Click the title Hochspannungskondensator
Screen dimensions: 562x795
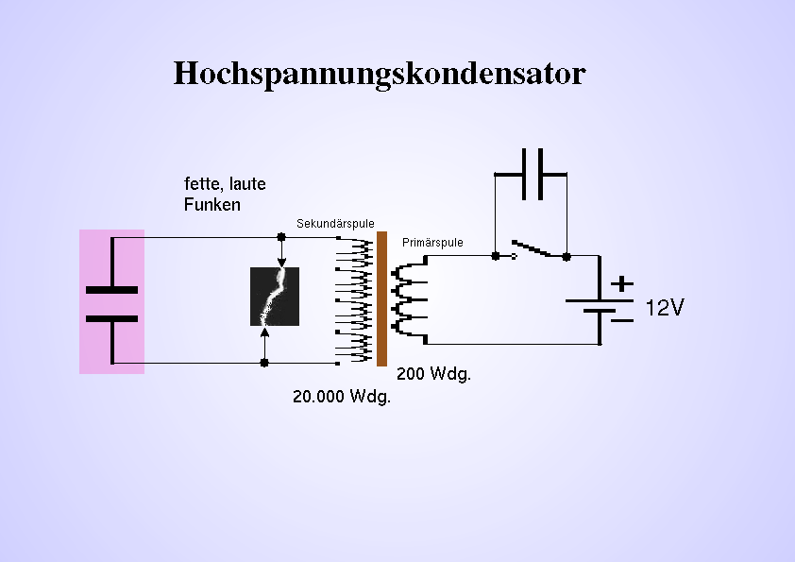point(380,74)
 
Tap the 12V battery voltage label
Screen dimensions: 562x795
point(665,308)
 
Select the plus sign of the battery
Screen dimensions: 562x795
point(622,282)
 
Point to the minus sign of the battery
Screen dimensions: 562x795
point(622,320)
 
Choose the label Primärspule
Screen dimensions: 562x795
point(432,243)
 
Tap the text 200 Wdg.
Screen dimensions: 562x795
point(433,374)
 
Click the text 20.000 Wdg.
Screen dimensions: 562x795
point(341,397)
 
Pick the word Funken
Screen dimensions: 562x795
point(211,204)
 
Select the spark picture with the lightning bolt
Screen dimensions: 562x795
point(275,297)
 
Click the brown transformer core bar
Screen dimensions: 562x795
point(381,298)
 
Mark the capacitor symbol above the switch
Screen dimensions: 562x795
point(532,175)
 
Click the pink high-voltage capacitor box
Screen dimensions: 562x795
point(111,300)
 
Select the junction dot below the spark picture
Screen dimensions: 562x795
point(264,362)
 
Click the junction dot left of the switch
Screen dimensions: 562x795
point(496,255)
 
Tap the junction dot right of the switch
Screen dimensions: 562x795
point(566,255)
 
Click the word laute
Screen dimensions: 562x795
point(247,184)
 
